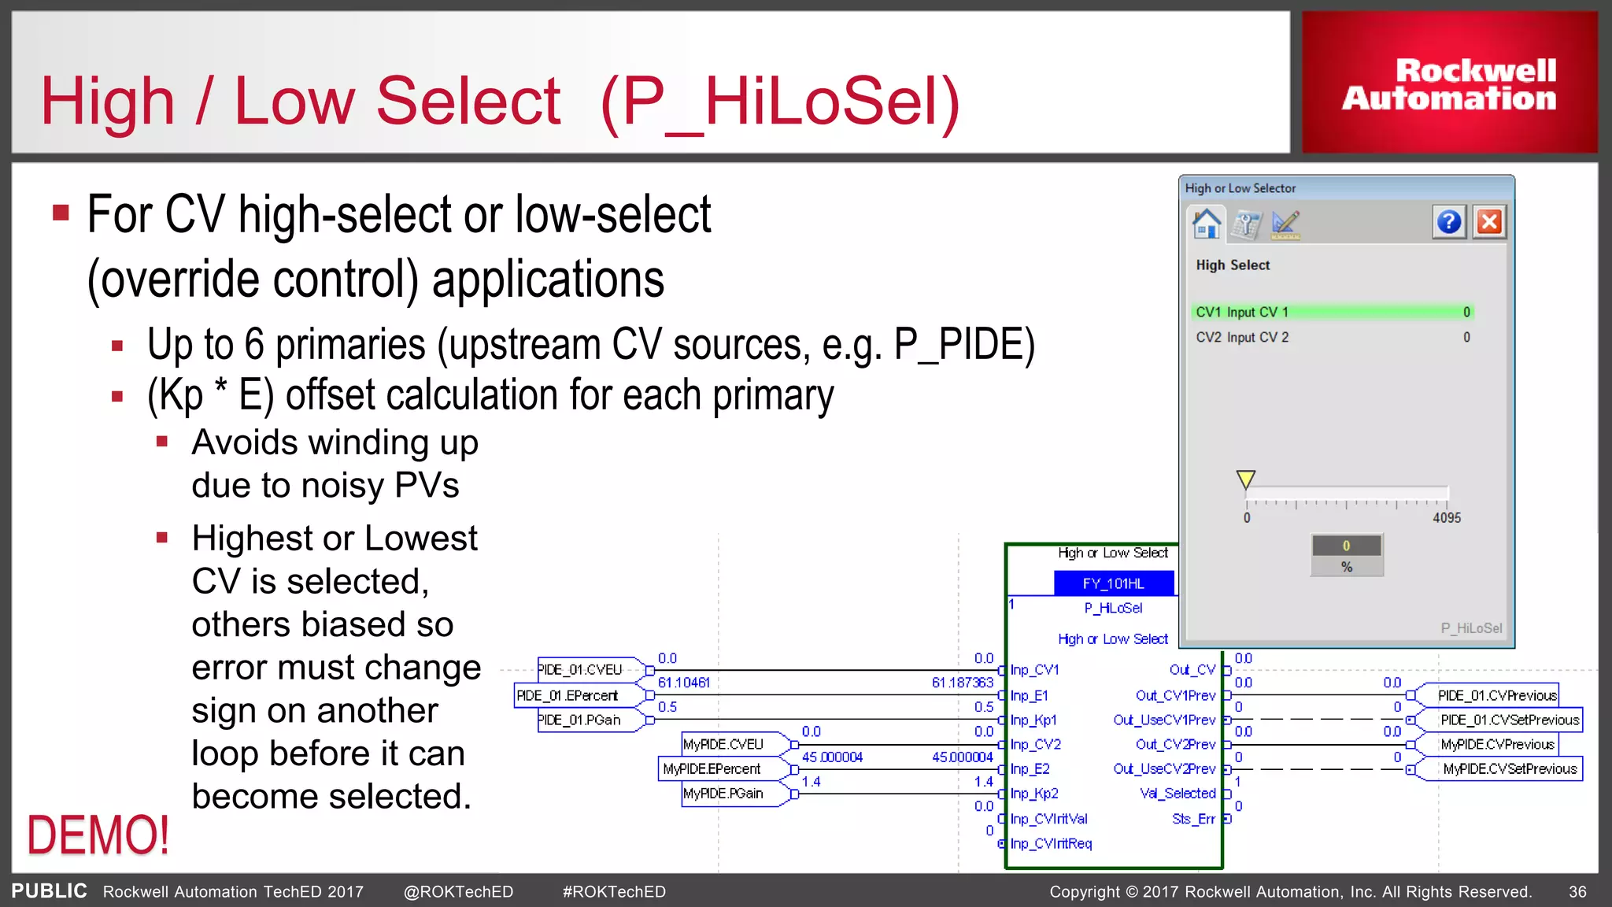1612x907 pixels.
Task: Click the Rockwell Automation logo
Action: click(x=1449, y=83)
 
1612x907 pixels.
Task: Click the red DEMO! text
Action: click(x=98, y=835)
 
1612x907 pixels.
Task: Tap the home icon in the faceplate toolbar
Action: click(x=1206, y=223)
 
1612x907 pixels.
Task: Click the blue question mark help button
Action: click(x=1448, y=223)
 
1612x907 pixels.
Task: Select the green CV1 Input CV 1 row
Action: click(x=1332, y=312)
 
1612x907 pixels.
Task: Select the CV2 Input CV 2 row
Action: click(x=1332, y=337)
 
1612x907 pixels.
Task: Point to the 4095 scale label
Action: click(x=1446, y=517)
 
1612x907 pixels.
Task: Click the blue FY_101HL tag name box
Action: click(x=1113, y=583)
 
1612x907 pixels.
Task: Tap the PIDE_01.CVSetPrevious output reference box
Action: click(x=1509, y=720)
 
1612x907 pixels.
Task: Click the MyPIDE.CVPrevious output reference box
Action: click(x=1496, y=744)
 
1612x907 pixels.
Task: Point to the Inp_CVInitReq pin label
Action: click(x=1051, y=843)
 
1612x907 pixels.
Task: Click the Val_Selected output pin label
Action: click(x=1178, y=794)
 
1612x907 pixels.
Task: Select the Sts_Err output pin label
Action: click(x=1193, y=819)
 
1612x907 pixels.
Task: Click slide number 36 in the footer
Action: click(x=1577, y=892)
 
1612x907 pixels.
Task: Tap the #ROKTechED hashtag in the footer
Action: click(x=614, y=892)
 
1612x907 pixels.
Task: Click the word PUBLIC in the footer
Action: click(x=49, y=891)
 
